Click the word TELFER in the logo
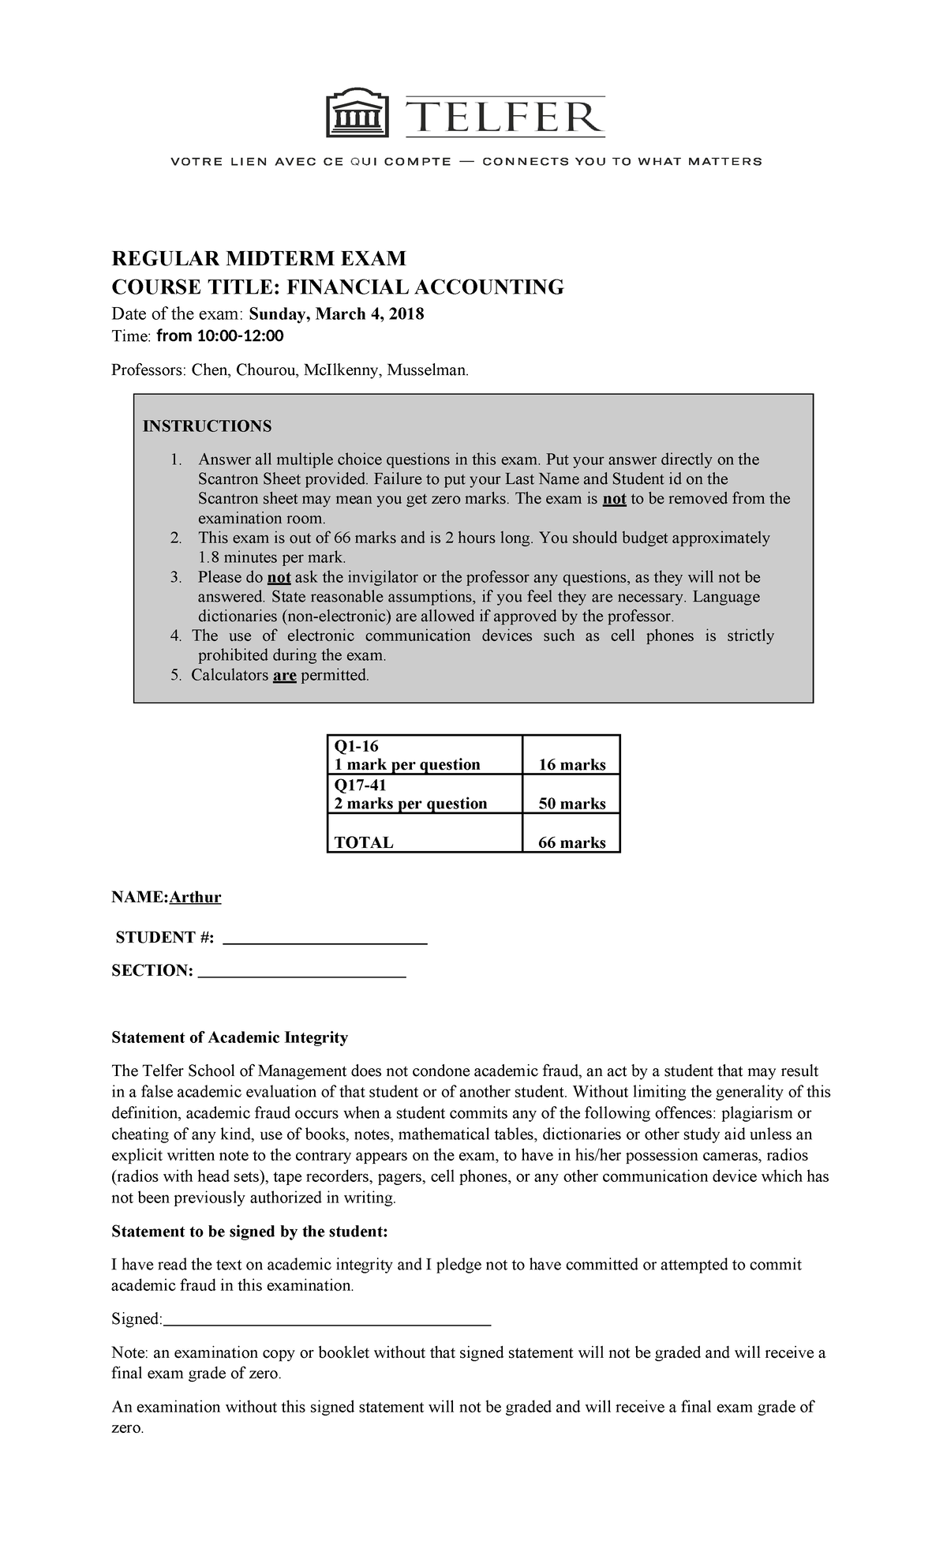[505, 118]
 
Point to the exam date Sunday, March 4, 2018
[336, 314]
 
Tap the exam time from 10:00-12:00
[219, 336]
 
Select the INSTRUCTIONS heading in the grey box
[207, 426]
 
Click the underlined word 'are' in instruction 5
[284, 676]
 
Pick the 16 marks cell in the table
[571, 764]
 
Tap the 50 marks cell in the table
[571, 804]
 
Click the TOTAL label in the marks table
[364, 842]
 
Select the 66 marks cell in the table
[571, 842]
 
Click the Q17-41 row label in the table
[361, 785]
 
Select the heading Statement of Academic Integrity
[230, 1037]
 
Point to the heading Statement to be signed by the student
[250, 1232]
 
